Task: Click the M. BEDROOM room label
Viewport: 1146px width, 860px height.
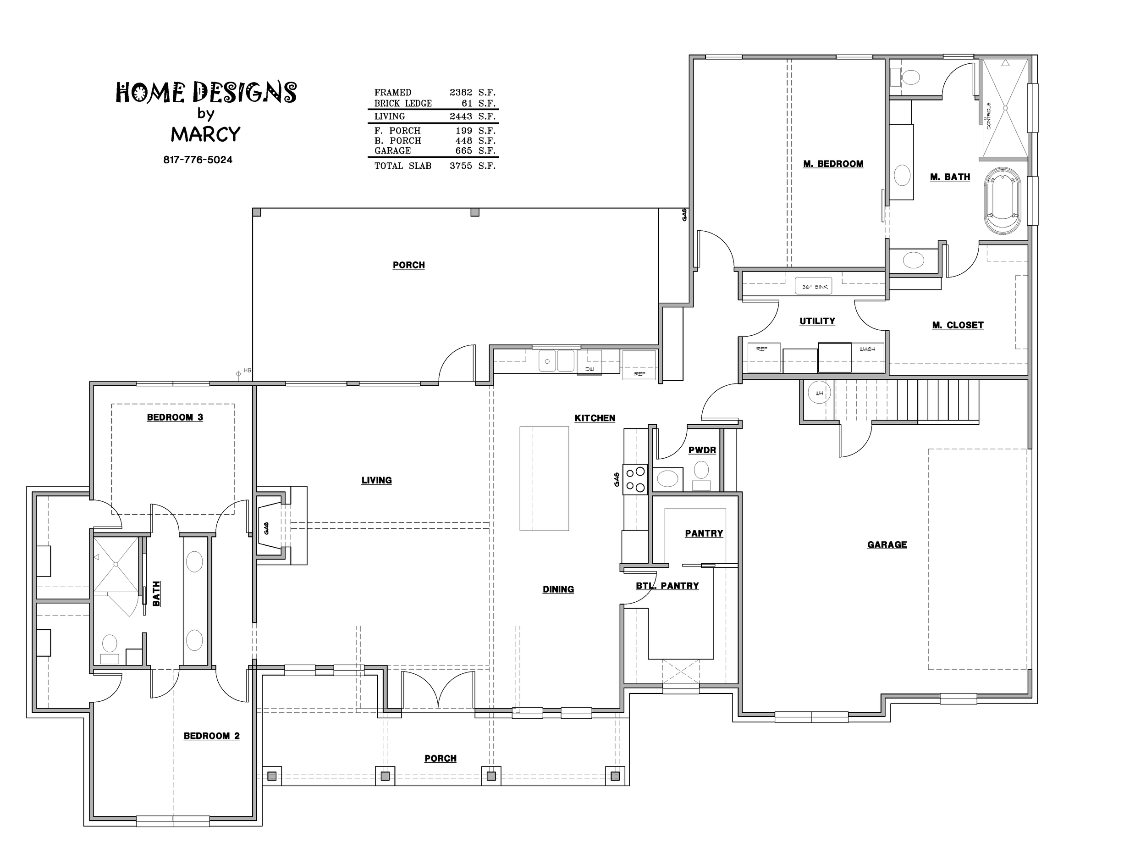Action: tap(833, 164)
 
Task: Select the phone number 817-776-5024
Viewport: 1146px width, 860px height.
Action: tap(198, 160)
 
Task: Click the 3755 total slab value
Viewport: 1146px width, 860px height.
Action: tap(461, 166)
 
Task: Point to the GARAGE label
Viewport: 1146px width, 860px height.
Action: tap(887, 544)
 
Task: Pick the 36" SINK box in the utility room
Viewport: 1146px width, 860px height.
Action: tap(815, 286)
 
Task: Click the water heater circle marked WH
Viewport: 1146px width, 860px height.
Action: tap(819, 394)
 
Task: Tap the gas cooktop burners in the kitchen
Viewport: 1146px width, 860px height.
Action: tap(636, 479)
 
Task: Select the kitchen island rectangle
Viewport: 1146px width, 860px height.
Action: tap(544, 478)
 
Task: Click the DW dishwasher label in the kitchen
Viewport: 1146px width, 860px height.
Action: tap(589, 369)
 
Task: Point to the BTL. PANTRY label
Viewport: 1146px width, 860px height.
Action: tap(667, 586)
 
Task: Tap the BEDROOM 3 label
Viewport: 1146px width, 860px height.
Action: tap(175, 417)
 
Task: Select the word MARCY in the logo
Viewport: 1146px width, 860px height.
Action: tap(206, 134)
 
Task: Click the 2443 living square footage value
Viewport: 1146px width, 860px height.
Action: tap(461, 117)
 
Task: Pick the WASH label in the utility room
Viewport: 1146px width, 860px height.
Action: tap(867, 350)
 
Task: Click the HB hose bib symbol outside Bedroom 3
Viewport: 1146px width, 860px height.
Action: tap(239, 373)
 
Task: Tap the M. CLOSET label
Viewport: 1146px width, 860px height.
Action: tap(958, 325)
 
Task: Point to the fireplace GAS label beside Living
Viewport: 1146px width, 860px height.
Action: tap(266, 528)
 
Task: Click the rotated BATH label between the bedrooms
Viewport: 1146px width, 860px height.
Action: tap(156, 594)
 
